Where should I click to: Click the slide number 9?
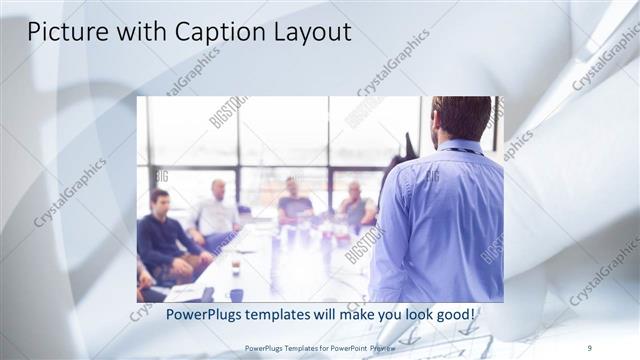pos(590,347)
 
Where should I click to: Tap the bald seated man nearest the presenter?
pos(355,205)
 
